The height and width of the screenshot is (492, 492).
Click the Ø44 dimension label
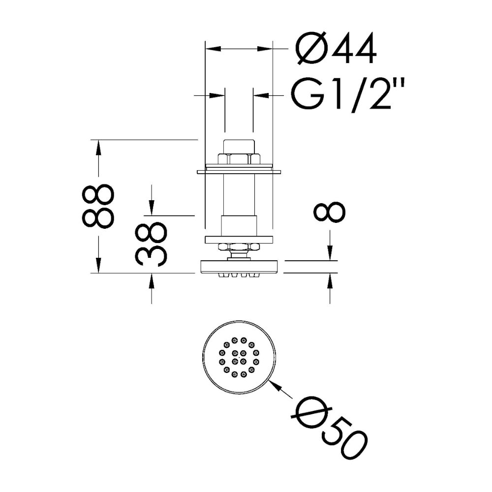tap(336, 48)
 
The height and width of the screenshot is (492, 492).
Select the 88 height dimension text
tap(97, 206)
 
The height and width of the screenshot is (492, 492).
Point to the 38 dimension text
tap(151, 244)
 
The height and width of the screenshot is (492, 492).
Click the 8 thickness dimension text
tap(330, 212)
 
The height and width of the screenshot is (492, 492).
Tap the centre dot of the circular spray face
tap(239, 357)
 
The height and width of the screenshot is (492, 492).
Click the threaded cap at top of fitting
tap(239, 146)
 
